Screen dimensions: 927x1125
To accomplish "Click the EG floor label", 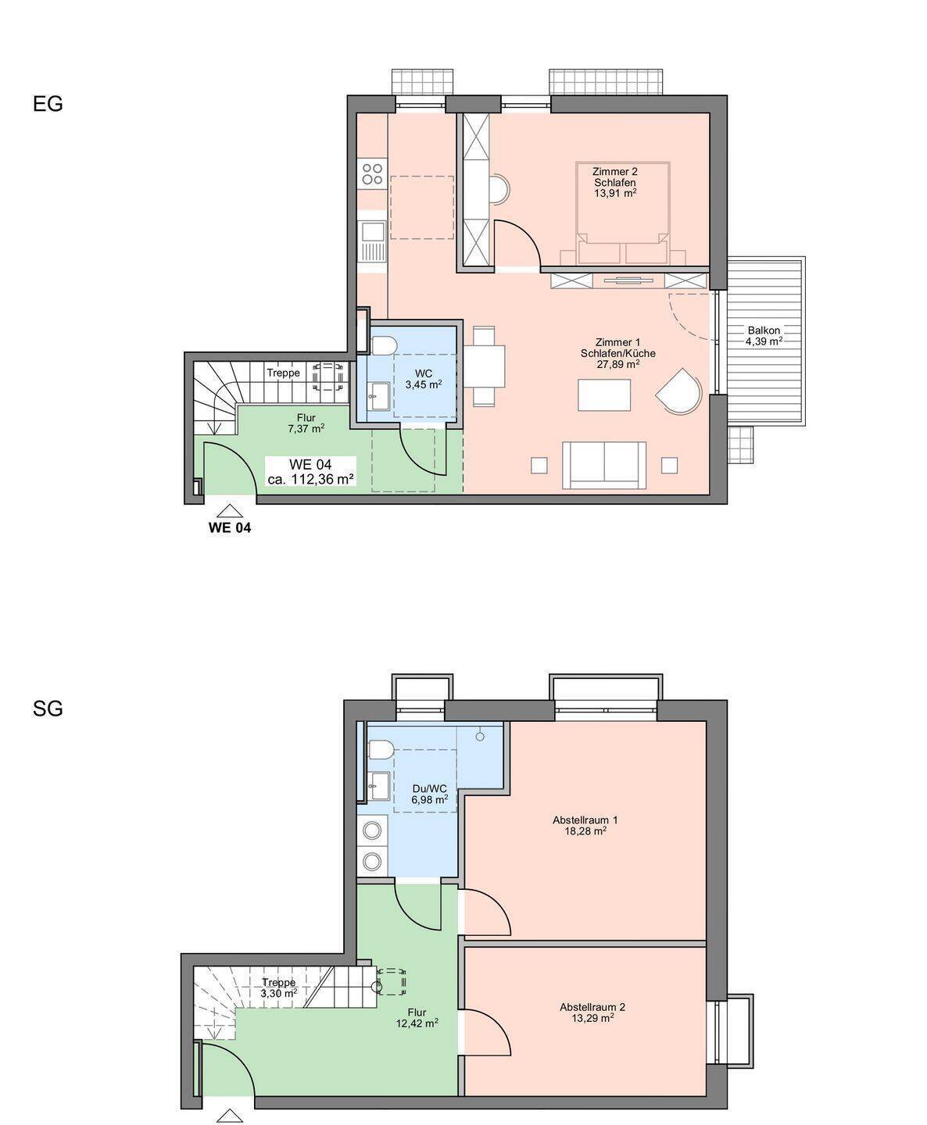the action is tap(48, 103).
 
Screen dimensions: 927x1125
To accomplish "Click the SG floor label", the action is tap(48, 709).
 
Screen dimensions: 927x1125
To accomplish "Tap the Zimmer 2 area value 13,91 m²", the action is tap(615, 193).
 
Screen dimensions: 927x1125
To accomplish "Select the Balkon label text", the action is tap(764, 330).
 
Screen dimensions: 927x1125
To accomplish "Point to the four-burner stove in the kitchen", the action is tap(372, 173).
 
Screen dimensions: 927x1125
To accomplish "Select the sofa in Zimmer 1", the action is tap(603, 465).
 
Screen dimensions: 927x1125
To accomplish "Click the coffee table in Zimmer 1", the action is tap(604, 395).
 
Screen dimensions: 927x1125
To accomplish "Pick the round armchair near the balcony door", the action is tap(680, 391).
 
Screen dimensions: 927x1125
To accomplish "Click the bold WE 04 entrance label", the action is tap(230, 528).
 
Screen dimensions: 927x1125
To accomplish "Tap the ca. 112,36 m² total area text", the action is tap(310, 479).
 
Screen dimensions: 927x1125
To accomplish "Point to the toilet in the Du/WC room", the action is tap(381, 749).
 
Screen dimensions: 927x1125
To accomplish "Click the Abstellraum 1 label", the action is tap(585, 820).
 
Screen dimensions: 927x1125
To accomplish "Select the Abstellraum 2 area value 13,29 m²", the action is tap(592, 1018).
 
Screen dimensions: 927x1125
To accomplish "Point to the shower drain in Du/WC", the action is tap(480, 736).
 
